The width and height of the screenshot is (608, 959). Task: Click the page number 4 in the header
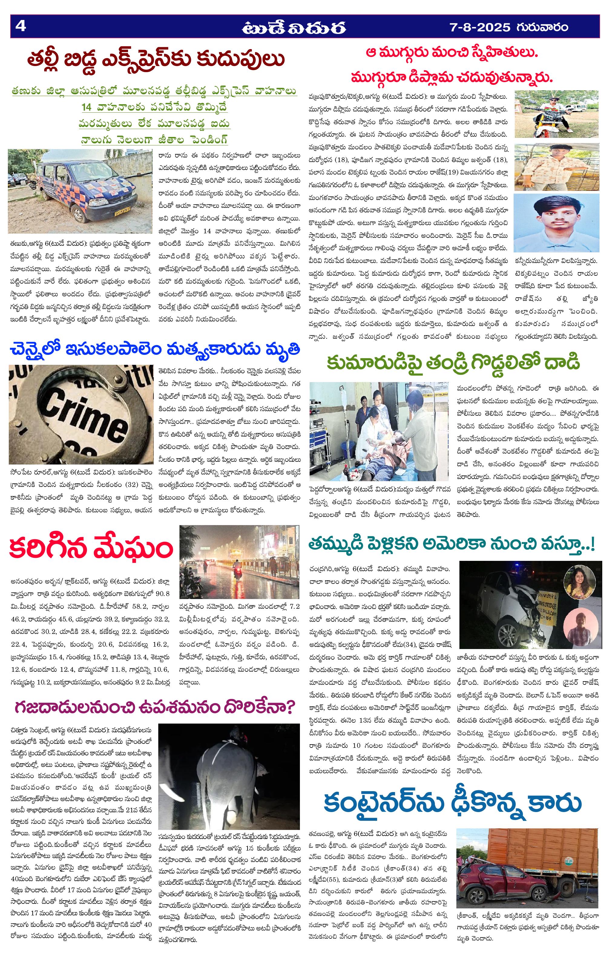tap(20, 26)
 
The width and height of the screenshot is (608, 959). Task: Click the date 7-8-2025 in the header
tap(479, 27)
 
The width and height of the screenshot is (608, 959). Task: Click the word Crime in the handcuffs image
tap(80, 414)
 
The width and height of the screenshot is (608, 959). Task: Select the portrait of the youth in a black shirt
tap(556, 223)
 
